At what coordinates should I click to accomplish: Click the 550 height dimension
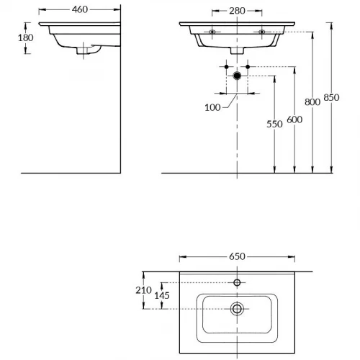pos(274,124)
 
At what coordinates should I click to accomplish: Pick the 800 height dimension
pos(312,102)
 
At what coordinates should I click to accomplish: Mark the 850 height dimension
pos(332,98)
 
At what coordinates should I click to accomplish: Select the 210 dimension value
pos(144,290)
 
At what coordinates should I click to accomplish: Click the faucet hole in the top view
pos(237,282)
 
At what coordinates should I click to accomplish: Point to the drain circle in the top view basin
pos(237,309)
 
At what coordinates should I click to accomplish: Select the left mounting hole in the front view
pos(213,32)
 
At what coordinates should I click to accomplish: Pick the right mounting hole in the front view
pos(261,32)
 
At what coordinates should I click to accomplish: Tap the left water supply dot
pos(226,67)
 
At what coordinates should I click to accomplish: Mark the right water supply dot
pos(248,67)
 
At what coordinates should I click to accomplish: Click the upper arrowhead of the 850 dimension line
pos(332,24)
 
